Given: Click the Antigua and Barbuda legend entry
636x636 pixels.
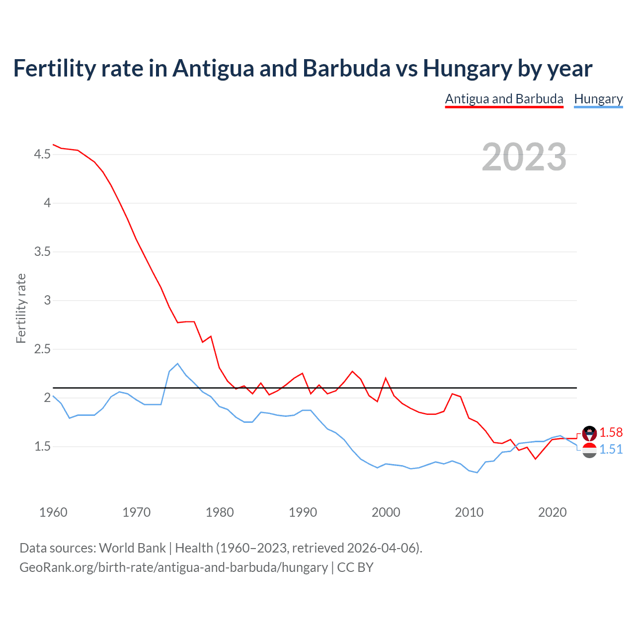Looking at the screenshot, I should pos(504,99).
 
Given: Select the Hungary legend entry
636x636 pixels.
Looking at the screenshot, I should pos(598,99).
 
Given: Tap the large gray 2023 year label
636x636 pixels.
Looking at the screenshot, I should pos(524,157).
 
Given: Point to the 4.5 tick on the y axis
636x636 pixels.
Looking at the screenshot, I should pos(42,155).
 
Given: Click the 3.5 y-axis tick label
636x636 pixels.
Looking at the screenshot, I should pos(42,252).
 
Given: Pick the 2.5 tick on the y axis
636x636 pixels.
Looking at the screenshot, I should pos(42,349).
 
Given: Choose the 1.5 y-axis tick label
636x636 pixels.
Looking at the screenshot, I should pos(42,447).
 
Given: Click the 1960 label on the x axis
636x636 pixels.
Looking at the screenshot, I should pos(53,512).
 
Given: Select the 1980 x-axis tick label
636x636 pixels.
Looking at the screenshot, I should pos(220,512).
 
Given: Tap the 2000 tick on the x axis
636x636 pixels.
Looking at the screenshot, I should pos(386,512).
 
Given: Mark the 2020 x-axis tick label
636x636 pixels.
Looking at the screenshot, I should pos(552,512).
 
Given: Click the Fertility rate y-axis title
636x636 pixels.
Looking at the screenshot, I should pos(21,308).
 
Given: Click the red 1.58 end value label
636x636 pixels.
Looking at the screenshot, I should pos(611,432).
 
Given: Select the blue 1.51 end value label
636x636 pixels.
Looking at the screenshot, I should pos(611,449).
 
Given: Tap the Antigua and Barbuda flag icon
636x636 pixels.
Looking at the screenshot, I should pos(589,433).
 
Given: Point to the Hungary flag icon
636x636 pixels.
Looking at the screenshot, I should pos(589,451).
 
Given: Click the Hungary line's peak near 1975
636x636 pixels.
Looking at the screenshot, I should pos(177,364).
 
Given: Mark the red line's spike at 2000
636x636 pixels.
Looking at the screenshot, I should pos(386,378).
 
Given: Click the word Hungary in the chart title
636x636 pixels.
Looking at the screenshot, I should pos(468,69).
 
